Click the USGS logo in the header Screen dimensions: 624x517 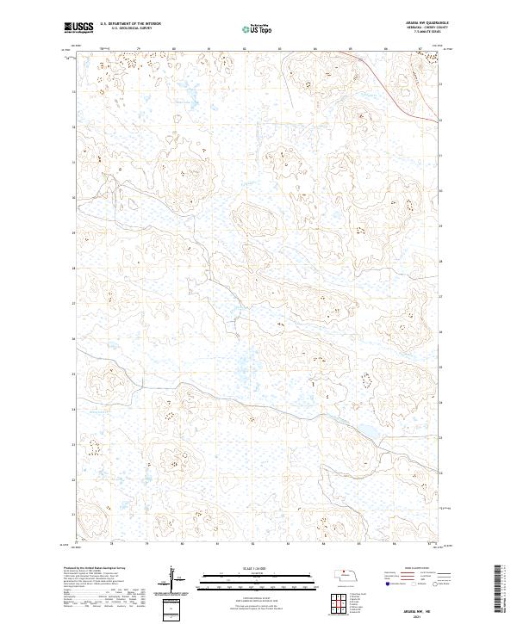click(x=78, y=28)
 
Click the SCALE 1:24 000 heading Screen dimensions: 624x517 click(x=257, y=566)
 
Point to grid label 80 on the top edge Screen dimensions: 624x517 click(x=174, y=49)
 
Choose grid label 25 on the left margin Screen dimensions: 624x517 click(x=74, y=374)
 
